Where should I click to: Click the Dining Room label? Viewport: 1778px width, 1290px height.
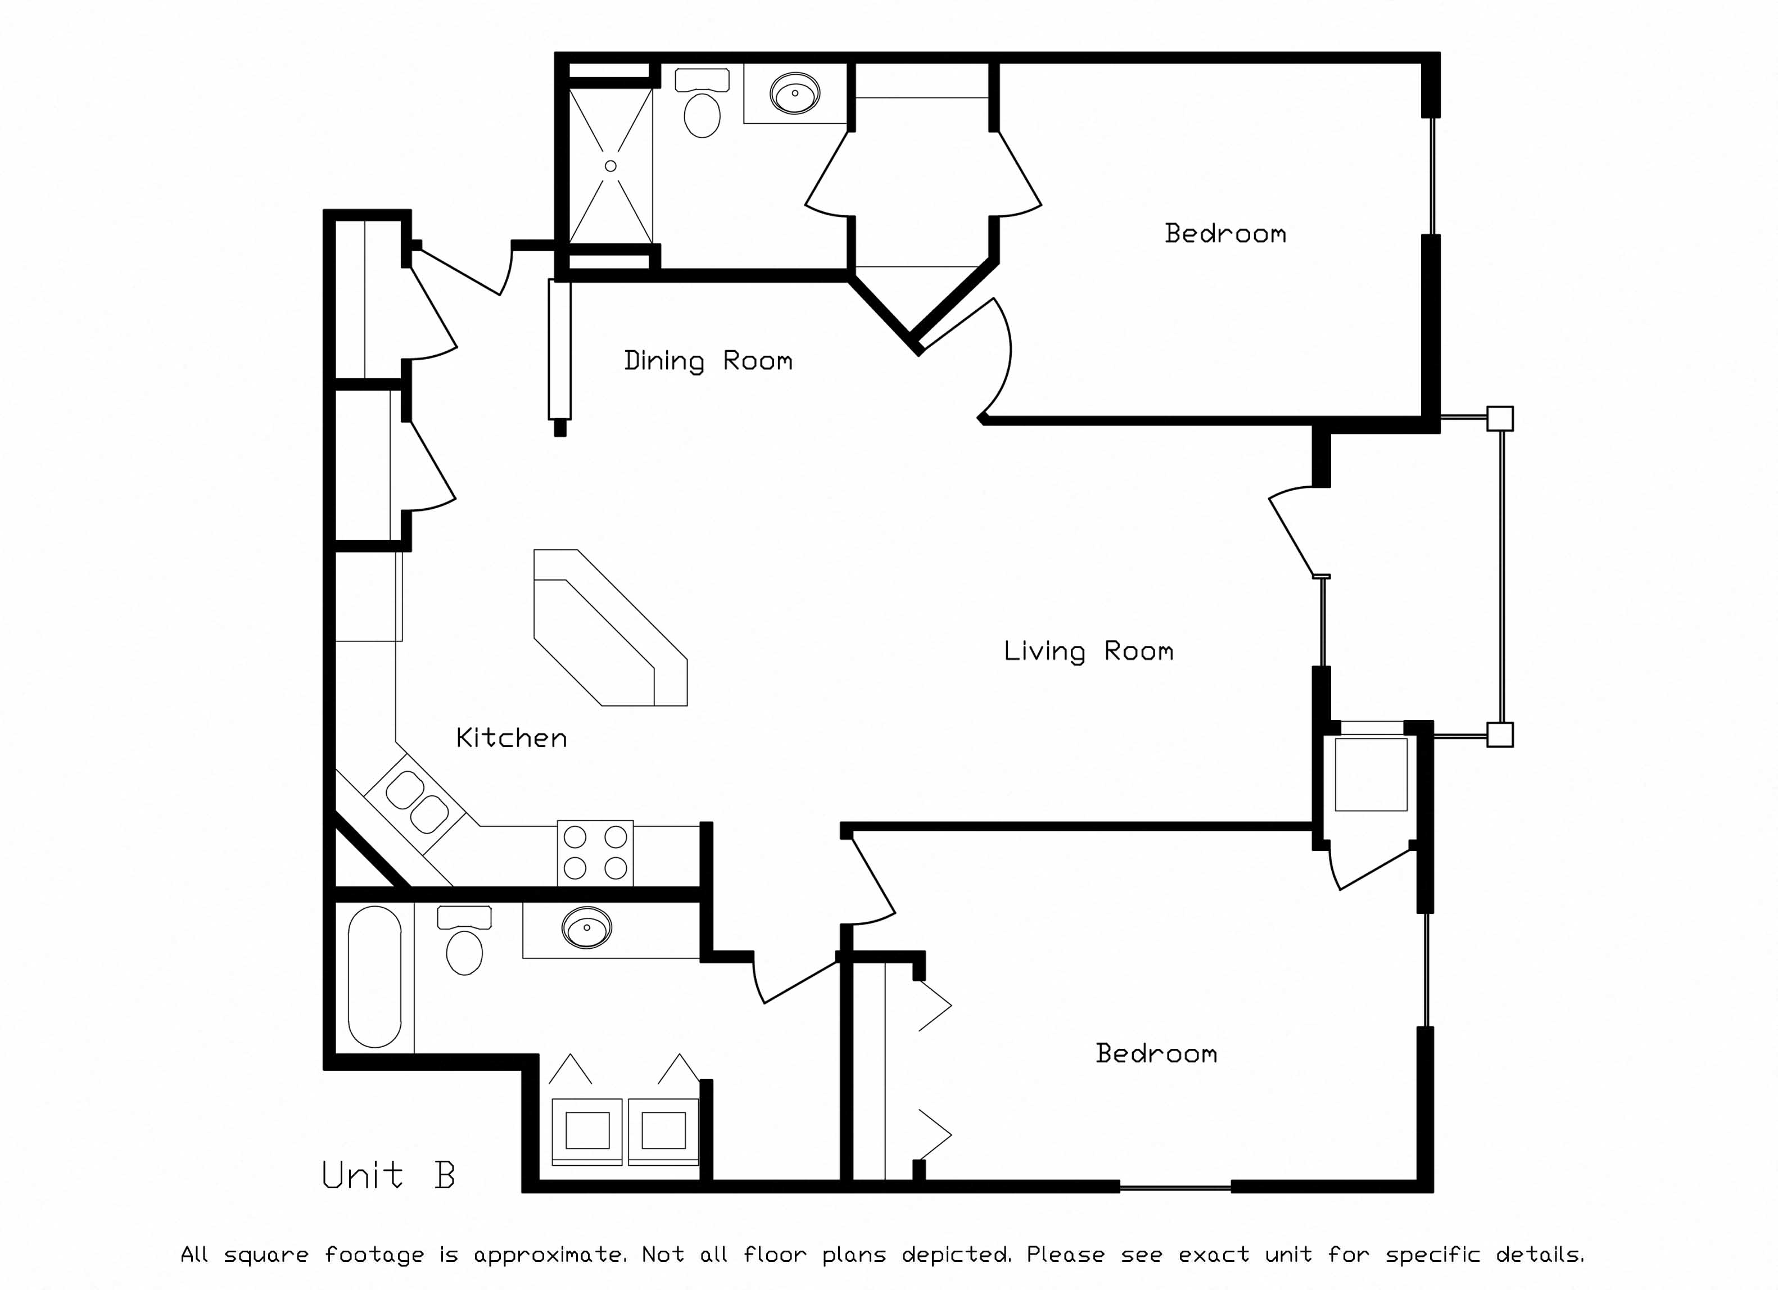click(x=708, y=361)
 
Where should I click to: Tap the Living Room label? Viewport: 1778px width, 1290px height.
click(x=1088, y=651)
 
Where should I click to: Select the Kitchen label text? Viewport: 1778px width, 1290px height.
click(x=511, y=737)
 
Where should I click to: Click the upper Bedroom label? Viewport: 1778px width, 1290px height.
click(x=1224, y=233)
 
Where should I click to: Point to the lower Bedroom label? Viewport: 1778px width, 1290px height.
click(x=1156, y=1053)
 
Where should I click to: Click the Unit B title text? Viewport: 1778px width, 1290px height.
click(x=388, y=1175)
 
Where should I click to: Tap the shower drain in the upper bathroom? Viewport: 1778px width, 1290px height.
click(x=610, y=166)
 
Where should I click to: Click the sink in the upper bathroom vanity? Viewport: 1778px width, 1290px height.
click(x=795, y=93)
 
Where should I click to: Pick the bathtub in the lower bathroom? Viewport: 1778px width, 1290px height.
click(x=375, y=977)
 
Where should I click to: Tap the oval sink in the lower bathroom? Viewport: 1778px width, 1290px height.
click(x=586, y=929)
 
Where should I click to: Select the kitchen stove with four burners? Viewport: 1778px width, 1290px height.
click(x=595, y=853)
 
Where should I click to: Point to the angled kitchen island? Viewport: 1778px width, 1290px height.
click(x=610, y=627)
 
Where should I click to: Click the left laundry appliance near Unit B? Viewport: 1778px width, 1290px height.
click(x=587, y=1130)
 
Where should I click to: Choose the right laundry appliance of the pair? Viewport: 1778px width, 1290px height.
click(x=663, y=1130)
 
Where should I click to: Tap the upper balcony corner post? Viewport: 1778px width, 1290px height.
click(x=1500, y=419)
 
